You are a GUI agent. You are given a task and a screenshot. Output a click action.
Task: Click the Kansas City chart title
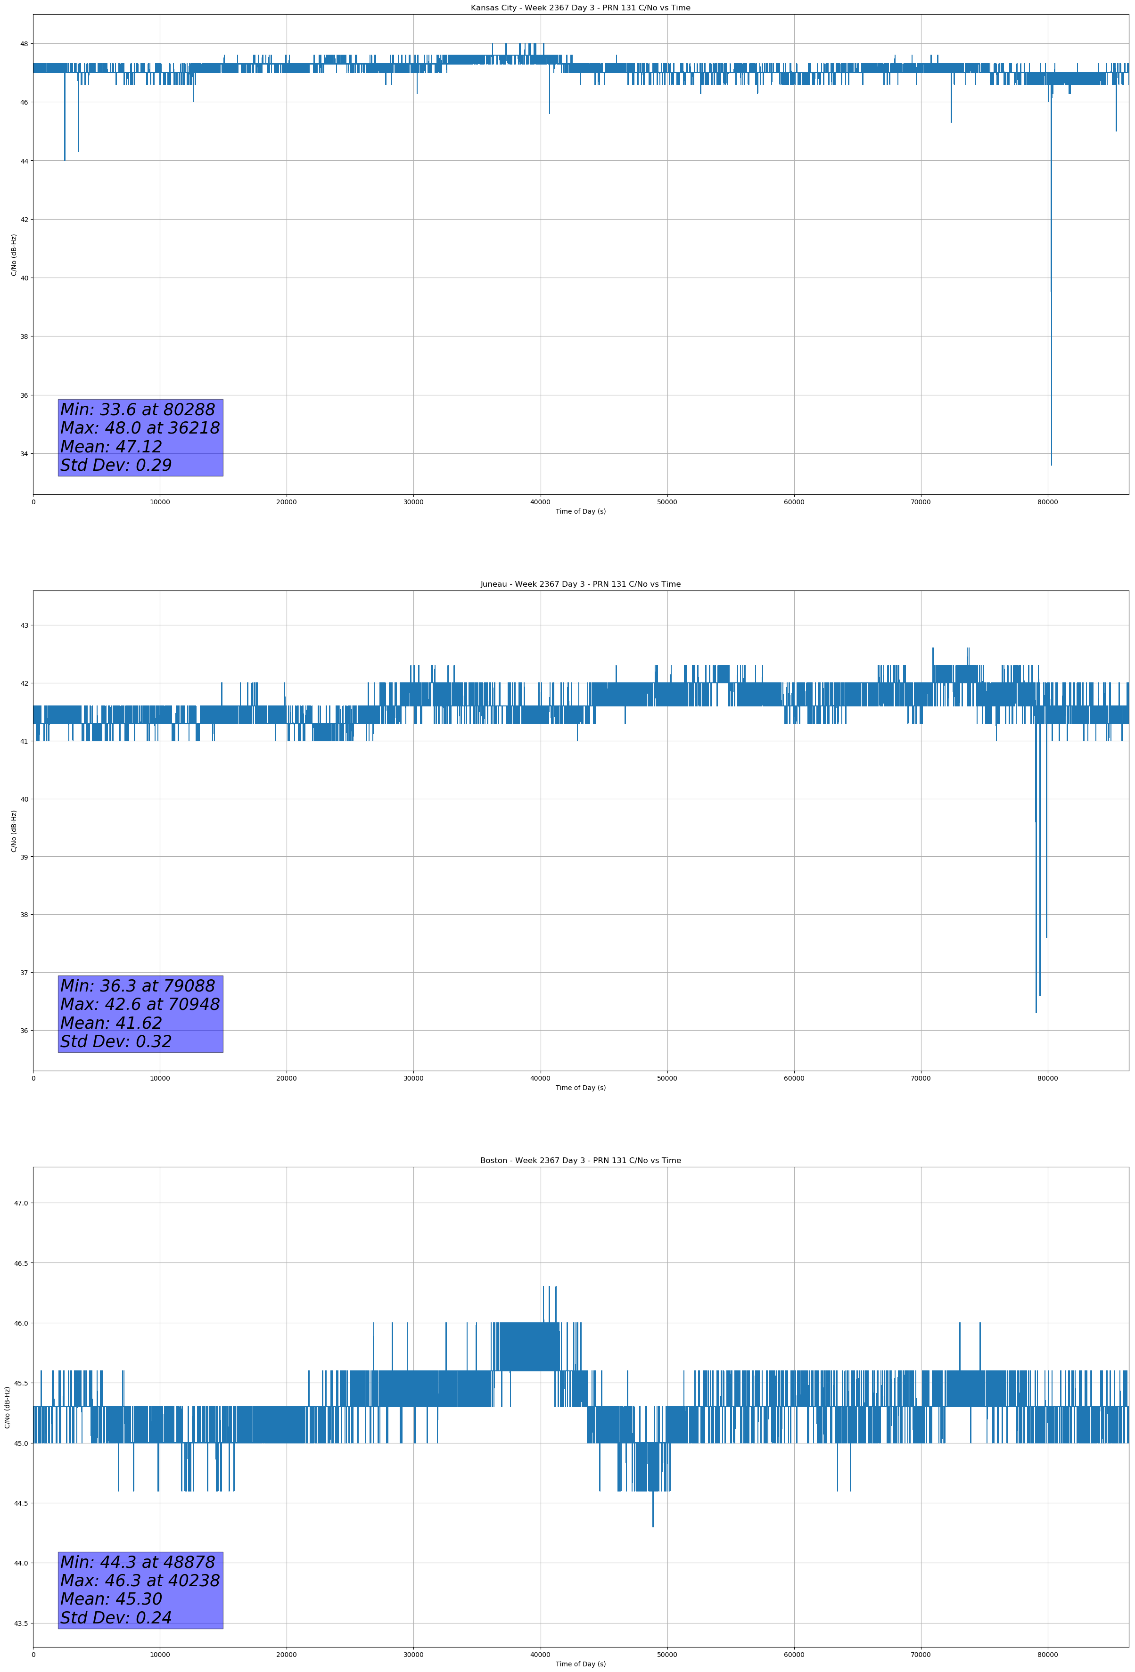click(580, 8)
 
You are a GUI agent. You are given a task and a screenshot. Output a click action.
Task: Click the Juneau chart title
click(580, 584)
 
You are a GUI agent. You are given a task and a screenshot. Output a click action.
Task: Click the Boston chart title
click(580, 1161)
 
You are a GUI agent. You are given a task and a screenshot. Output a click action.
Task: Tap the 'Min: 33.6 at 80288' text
click(138, 410)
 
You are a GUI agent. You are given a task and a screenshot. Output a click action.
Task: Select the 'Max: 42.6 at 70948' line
click(140, 1004)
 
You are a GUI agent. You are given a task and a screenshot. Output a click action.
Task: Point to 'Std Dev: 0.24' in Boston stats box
click(116, 1617)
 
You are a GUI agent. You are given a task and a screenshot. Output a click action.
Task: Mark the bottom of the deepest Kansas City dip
click(1051, 464)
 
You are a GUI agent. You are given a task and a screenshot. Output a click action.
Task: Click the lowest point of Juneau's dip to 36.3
click(1036, 1012)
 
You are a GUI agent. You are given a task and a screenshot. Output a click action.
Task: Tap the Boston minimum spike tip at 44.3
click(653, 1526)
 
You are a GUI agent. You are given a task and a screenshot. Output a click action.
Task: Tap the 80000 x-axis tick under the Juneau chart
click(1047, 1078)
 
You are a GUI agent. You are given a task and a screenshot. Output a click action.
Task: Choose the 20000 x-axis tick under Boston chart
click(287, 1655)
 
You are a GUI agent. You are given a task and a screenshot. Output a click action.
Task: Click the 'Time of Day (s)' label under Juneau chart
click(580, 1088)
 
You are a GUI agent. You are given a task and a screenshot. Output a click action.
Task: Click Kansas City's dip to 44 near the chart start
click(65, 159)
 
